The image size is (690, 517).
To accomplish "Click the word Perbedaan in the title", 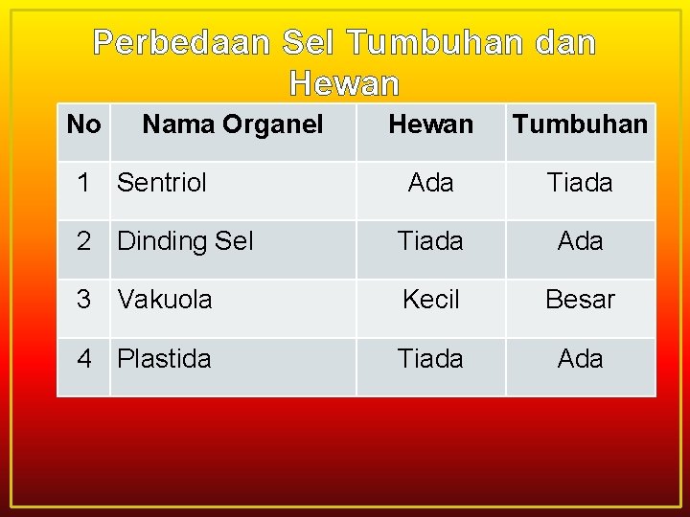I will tap(182, 43).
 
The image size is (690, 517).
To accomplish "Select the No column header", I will tap(84, 124).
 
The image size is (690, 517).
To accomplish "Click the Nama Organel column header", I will tap(233, 124).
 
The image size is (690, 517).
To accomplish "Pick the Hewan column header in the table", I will tap(430, 124).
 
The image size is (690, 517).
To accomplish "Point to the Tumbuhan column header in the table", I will tap(580, 124).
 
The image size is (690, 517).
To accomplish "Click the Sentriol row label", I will tap(162, 183).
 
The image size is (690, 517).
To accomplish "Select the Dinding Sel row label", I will tap(185, 241).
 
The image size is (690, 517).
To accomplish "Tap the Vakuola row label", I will tap(165, 300).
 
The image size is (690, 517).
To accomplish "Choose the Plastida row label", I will tap(164, 359).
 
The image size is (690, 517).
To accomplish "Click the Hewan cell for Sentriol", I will tap(430, 183).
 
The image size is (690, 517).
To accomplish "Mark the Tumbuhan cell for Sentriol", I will tap(580, 183).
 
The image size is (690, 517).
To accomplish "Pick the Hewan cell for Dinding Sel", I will tap(430, 241).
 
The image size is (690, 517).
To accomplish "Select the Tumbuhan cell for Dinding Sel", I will tap(580, 241).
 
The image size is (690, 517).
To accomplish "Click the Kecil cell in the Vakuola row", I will tap(430, 300).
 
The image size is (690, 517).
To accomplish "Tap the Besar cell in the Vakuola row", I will tap(580, 300).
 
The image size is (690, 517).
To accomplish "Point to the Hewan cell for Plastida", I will tap(430, 359).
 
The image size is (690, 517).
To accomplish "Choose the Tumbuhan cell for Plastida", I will tap(580, 359).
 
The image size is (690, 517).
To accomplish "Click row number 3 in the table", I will tap(85, 300).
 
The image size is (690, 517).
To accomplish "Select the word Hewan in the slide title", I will tap(344, 85).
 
